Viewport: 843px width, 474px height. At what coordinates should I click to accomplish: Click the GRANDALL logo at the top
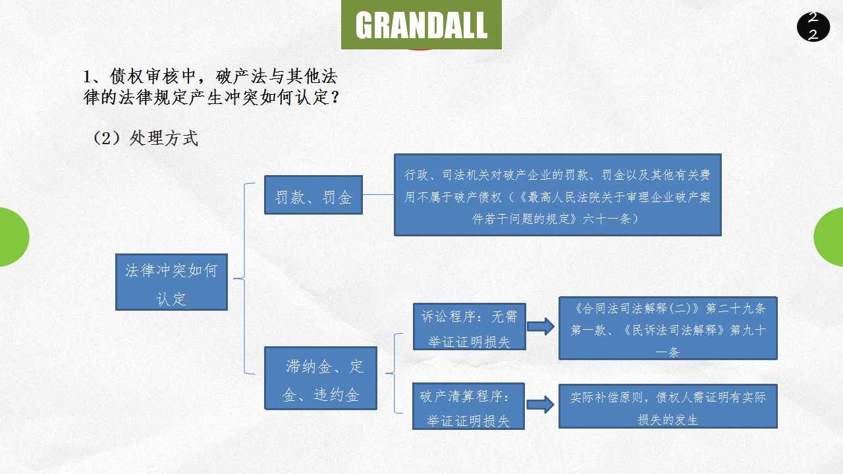pos(421,25)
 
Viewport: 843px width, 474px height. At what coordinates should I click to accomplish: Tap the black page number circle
pos(813,26)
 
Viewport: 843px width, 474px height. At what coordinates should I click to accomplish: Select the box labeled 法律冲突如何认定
pos(171,282)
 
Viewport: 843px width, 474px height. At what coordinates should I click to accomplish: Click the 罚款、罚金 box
pos(313,195)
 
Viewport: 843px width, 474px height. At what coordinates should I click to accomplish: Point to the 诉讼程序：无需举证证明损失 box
pos(469,327)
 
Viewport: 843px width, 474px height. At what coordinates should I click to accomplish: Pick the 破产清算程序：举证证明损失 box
pos(468,406)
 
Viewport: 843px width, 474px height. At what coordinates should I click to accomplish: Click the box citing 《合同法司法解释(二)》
pos(668,328)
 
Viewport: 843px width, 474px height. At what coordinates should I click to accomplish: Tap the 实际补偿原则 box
pos(668,406)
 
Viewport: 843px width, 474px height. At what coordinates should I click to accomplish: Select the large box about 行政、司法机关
pos(557,195)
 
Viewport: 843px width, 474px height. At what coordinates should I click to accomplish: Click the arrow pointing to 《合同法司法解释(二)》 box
pos(541,327)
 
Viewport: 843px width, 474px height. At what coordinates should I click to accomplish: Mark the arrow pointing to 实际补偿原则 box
pos(540,406)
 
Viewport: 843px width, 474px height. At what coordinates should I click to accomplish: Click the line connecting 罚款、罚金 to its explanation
pos(378,195)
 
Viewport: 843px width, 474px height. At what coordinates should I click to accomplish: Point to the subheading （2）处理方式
pos(146,138)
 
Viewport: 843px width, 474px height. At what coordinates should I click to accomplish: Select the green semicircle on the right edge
pos(830,237)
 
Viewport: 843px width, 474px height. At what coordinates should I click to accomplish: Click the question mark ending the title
pos(335,98)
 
